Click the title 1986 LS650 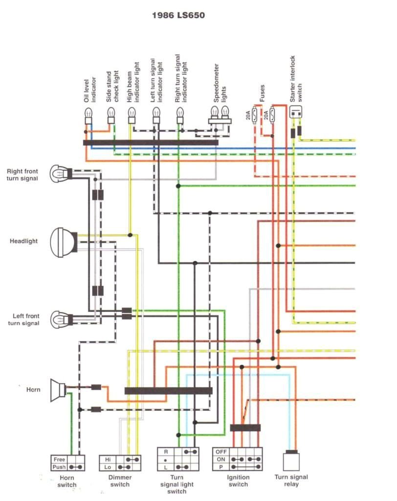[178, 15]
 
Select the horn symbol [58, 390]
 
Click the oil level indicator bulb [88, 117]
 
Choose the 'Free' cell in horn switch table [59, 459]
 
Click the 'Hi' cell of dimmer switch [108, 459]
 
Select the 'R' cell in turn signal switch [166, 451]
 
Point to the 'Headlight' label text [23, 241]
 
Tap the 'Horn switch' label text [67, 481]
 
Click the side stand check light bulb [111, 117]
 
